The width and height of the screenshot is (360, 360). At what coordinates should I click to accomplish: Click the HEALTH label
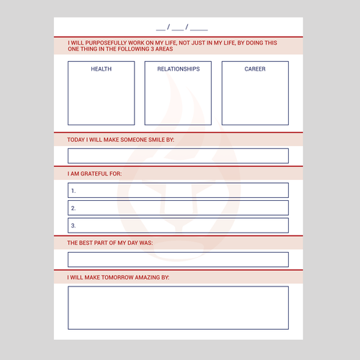click(x=101, y=69)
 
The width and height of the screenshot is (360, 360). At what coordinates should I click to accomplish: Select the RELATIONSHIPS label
click(x=178, y=69)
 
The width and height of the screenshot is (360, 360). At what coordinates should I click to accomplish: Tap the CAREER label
click(x=255, y=69)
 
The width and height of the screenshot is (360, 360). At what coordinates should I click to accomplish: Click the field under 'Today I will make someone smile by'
click(x=178, y=156)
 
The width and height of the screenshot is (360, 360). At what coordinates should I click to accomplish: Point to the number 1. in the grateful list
click(x=73, y=191)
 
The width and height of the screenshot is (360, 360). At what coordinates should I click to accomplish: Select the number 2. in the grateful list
click(x=73, y=208)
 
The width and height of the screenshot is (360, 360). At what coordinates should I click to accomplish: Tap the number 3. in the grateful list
click(x=73, y=225)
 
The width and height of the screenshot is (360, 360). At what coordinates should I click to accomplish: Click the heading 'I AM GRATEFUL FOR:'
click(x=94, y=174)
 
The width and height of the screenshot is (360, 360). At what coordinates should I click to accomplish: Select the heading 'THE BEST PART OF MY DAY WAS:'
click(x=109, y=243)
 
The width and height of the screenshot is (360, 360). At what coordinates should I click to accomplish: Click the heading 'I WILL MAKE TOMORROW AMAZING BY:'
click(x=118, y=277)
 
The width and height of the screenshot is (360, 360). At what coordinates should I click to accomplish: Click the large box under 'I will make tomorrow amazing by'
click(x=178, y=307)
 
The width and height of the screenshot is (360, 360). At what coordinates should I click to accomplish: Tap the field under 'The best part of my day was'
click(x=178, y=259)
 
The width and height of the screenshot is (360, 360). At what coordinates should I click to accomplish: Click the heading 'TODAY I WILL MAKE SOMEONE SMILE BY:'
click(x=120, y=139)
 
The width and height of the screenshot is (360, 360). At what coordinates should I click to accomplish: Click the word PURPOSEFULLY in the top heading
click(x=109, y=42)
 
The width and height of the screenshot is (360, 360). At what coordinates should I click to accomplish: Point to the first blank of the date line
click(x=160, y=28)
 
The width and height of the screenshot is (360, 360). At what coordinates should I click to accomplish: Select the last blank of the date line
click(x=199, y=28)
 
